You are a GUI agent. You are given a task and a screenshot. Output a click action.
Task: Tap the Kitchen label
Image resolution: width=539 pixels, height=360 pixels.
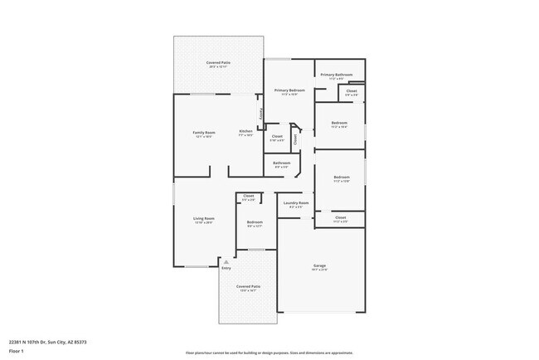tap(245, 132)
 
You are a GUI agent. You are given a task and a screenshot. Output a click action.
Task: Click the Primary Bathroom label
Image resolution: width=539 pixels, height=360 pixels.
tap(337, 75)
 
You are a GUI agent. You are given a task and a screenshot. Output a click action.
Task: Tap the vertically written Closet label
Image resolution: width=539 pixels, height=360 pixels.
tap(295, 139)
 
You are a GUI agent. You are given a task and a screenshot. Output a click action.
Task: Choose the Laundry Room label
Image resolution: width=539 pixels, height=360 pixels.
tap(296, 202)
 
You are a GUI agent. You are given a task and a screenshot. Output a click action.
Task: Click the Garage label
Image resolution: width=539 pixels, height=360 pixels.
tap(319, 266)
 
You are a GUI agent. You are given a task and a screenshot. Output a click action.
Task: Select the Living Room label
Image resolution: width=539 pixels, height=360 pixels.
tap(204, 219)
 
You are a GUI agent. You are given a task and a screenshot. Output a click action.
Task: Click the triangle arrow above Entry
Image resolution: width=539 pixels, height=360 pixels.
tap(226, 261)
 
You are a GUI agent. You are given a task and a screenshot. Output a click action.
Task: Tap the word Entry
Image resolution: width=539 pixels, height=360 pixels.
tap(226, 268)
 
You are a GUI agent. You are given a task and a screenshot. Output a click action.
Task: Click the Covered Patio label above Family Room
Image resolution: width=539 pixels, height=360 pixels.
tap(218, 63)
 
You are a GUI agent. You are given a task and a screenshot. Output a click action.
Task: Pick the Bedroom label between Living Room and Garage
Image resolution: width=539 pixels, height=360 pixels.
tap(255, 221)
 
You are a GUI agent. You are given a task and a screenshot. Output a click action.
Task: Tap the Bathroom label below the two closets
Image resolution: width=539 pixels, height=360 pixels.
tap(282, 163)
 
